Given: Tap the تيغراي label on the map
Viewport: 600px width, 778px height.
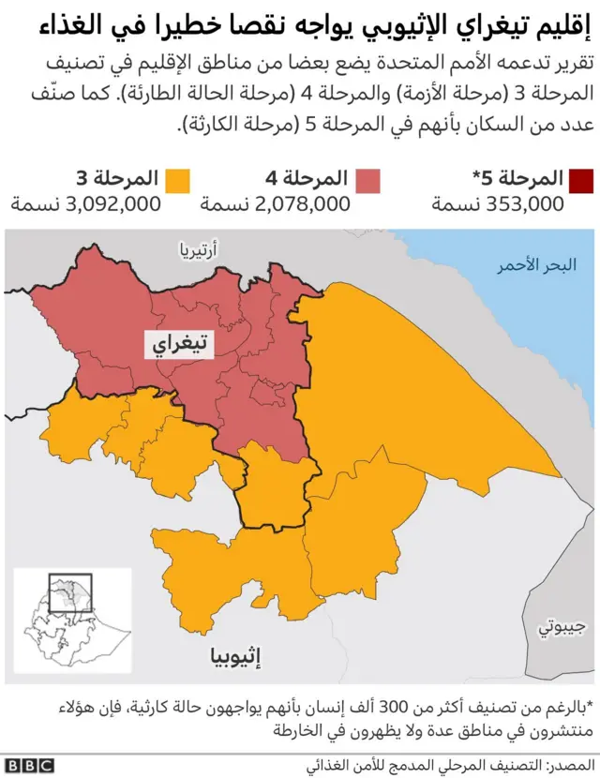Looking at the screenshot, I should pyautogui.click(x=179, y=345).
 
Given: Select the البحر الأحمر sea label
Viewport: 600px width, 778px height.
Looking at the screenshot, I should pyautogui.click(x=536, y=265).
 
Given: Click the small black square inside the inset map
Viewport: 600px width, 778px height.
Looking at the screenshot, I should pyautogui.click(x=69, y=592).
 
